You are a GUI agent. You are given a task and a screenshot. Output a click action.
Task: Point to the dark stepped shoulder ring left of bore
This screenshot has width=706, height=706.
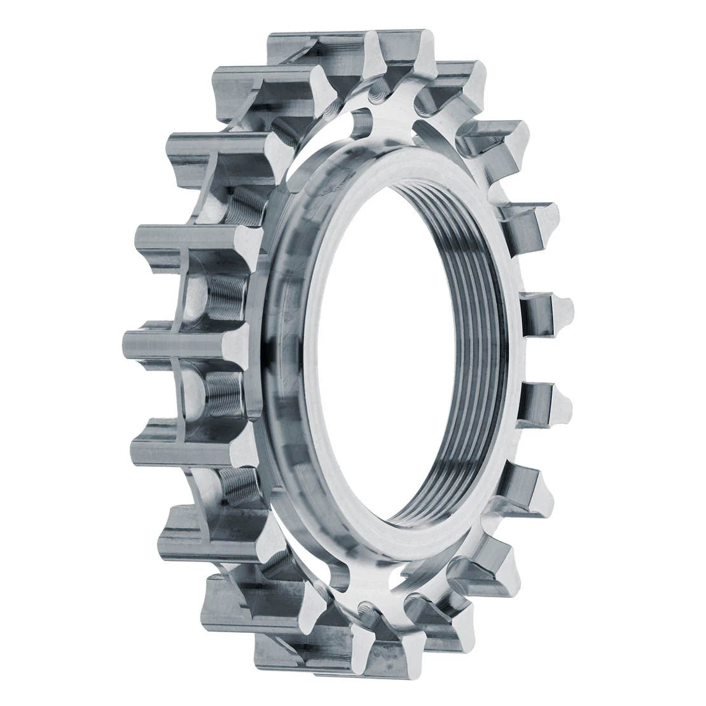coord(280,356)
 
